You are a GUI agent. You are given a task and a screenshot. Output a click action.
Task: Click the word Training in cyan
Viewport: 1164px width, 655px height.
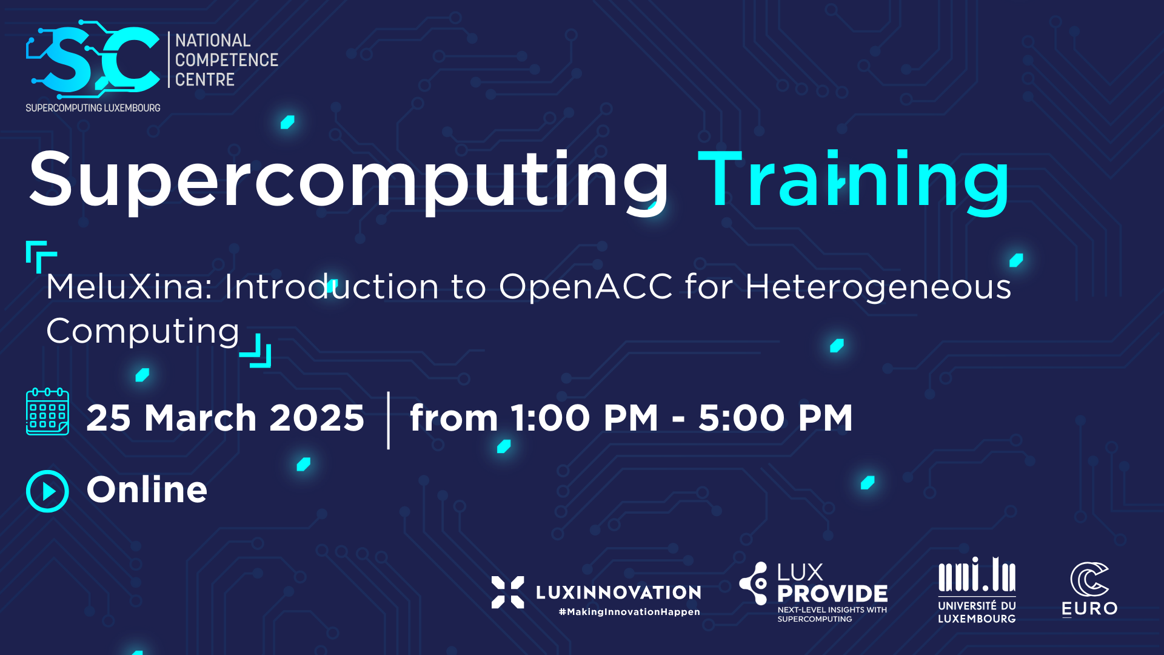point(854,181)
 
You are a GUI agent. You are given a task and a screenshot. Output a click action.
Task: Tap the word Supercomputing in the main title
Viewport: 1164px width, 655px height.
point(349,181)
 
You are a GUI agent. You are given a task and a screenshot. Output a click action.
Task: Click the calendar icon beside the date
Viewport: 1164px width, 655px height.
point(47,412)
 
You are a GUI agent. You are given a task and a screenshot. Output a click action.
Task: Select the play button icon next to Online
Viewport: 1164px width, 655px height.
point(47,491)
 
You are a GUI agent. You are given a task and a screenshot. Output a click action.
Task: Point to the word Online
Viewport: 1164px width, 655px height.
point(147,490)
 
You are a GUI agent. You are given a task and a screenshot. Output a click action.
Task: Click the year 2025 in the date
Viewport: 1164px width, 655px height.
point(316,418)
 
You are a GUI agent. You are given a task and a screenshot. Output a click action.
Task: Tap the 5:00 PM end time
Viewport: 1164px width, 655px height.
point(775,418)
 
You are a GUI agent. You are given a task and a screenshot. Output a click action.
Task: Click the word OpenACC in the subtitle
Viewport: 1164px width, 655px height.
point(585,286)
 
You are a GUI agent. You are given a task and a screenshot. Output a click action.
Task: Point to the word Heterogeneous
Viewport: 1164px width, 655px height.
point(878,286)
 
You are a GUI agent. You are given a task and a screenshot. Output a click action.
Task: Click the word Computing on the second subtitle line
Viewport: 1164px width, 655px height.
point(143,331)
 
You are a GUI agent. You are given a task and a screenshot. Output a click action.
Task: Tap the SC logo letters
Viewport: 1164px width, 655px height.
point(94,59)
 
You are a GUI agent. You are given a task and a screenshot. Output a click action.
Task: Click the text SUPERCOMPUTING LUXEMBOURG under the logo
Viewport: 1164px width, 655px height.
point(93,108)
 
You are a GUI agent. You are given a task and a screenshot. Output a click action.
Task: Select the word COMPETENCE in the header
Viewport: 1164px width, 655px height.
point(227,60)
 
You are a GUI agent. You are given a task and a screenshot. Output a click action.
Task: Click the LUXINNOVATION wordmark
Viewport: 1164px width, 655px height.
point(618,593)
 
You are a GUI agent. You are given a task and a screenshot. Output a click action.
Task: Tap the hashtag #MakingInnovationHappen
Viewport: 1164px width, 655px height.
point(629,612)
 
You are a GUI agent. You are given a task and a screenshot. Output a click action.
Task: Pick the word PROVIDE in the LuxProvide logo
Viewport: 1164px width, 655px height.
point(832,594)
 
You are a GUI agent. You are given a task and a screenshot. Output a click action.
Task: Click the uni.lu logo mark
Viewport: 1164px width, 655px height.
point(977,575)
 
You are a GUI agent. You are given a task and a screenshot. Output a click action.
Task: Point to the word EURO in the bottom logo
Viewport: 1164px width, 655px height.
point(1089,608)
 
